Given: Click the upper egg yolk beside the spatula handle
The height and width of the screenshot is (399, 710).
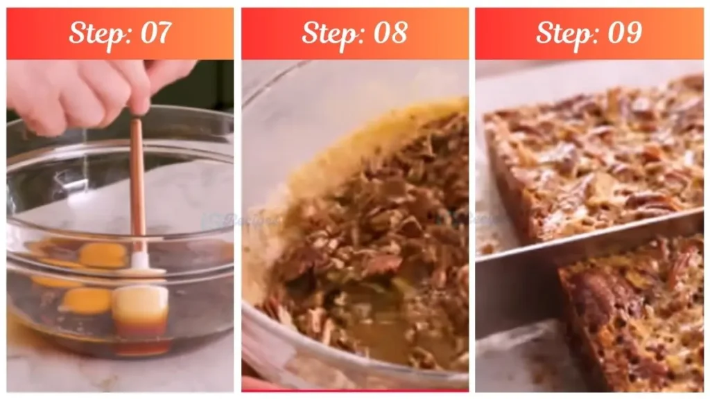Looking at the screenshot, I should click(103, 255).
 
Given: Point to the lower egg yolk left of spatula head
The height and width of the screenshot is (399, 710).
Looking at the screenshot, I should click(86, 300).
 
